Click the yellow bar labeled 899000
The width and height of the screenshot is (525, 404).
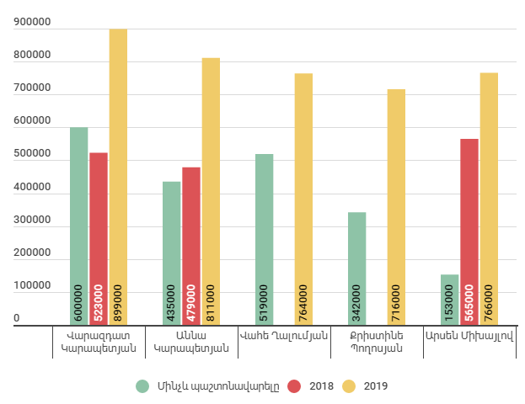118,177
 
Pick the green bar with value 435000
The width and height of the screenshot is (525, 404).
172,252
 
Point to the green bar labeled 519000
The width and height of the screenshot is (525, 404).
265,239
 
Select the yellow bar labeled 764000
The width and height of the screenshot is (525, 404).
303,199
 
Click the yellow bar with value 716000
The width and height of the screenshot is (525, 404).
396,206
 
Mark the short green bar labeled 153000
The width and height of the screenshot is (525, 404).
450,299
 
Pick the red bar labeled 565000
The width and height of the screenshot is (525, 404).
469,231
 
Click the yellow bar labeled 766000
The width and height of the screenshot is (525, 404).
489,198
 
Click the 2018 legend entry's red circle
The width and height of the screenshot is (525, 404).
294,386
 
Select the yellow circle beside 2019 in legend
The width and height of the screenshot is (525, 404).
350,386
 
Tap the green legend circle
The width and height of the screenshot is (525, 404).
143,386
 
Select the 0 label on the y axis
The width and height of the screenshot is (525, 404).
16,318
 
